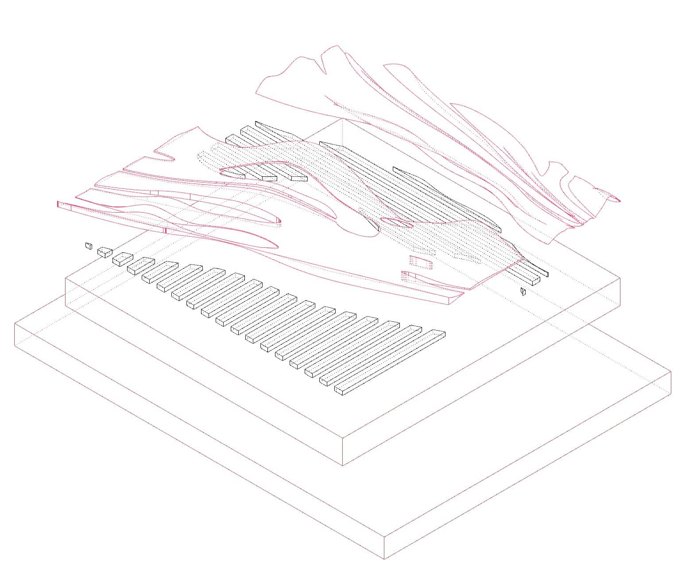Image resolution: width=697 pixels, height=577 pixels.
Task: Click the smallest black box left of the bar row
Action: [89, 246]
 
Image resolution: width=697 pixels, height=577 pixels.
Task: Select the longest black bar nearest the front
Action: [390, 362]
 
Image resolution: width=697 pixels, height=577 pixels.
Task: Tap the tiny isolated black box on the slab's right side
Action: [523, 291]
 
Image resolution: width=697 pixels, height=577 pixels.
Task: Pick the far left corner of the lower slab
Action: [15, 324]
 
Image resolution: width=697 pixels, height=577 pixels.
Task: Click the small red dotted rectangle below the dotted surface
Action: [419, 262]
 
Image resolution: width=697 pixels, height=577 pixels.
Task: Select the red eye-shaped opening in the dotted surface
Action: [397, 222]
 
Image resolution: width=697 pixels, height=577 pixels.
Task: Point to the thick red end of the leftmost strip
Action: [58, 204]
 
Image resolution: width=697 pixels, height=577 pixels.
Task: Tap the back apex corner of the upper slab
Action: [342, 119]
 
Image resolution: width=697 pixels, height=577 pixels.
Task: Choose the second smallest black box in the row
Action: [105, 252]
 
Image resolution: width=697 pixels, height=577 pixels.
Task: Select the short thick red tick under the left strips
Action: [166, 230]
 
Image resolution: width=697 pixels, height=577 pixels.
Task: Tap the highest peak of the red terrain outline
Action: [337, 46]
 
